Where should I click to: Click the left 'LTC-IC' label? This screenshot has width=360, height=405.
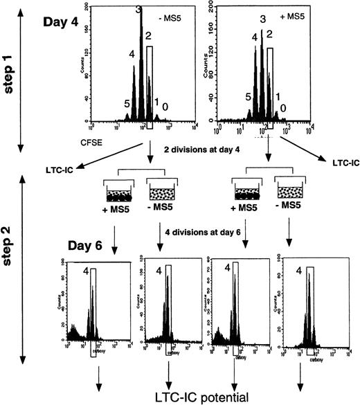pyautogui.click(x=55, y=165)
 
